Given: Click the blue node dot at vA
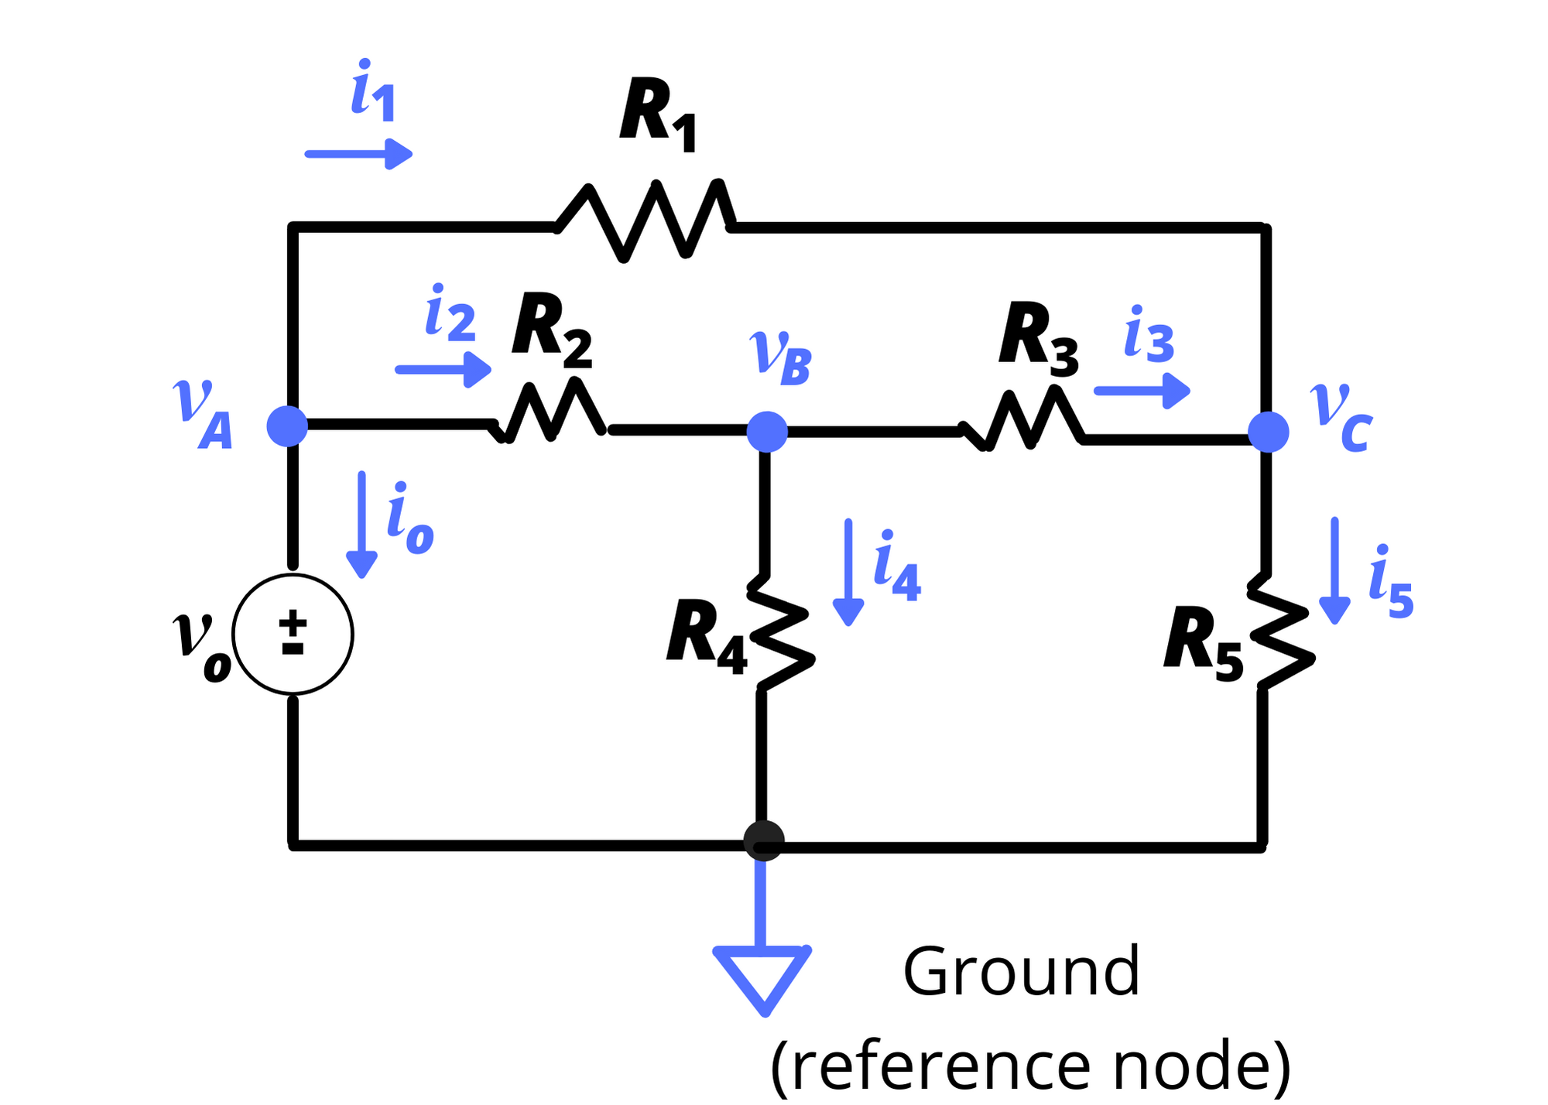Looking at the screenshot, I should click(x=287, y=426).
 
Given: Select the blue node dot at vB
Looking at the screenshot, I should click(x=767, y=432).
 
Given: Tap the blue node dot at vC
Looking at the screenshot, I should click(x=1269, y=432).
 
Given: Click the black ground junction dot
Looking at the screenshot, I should click(x=764, y=840).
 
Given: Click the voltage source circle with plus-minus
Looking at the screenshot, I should click(x=293, y=634).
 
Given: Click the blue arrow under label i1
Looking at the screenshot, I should click(x=358, y=154).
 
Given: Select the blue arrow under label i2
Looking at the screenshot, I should click(x=443, y=369).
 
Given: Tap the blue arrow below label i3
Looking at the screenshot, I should click(x=1142, y=391).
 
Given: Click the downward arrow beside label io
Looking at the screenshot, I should click(x=361, y=525).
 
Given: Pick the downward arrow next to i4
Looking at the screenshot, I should click(x=848, y=573).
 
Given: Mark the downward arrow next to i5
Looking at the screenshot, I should click(x=1334, y=571).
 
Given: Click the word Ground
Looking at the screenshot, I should click(x=1021, y=972).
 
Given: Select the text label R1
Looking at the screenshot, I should click(x=658, y=114).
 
